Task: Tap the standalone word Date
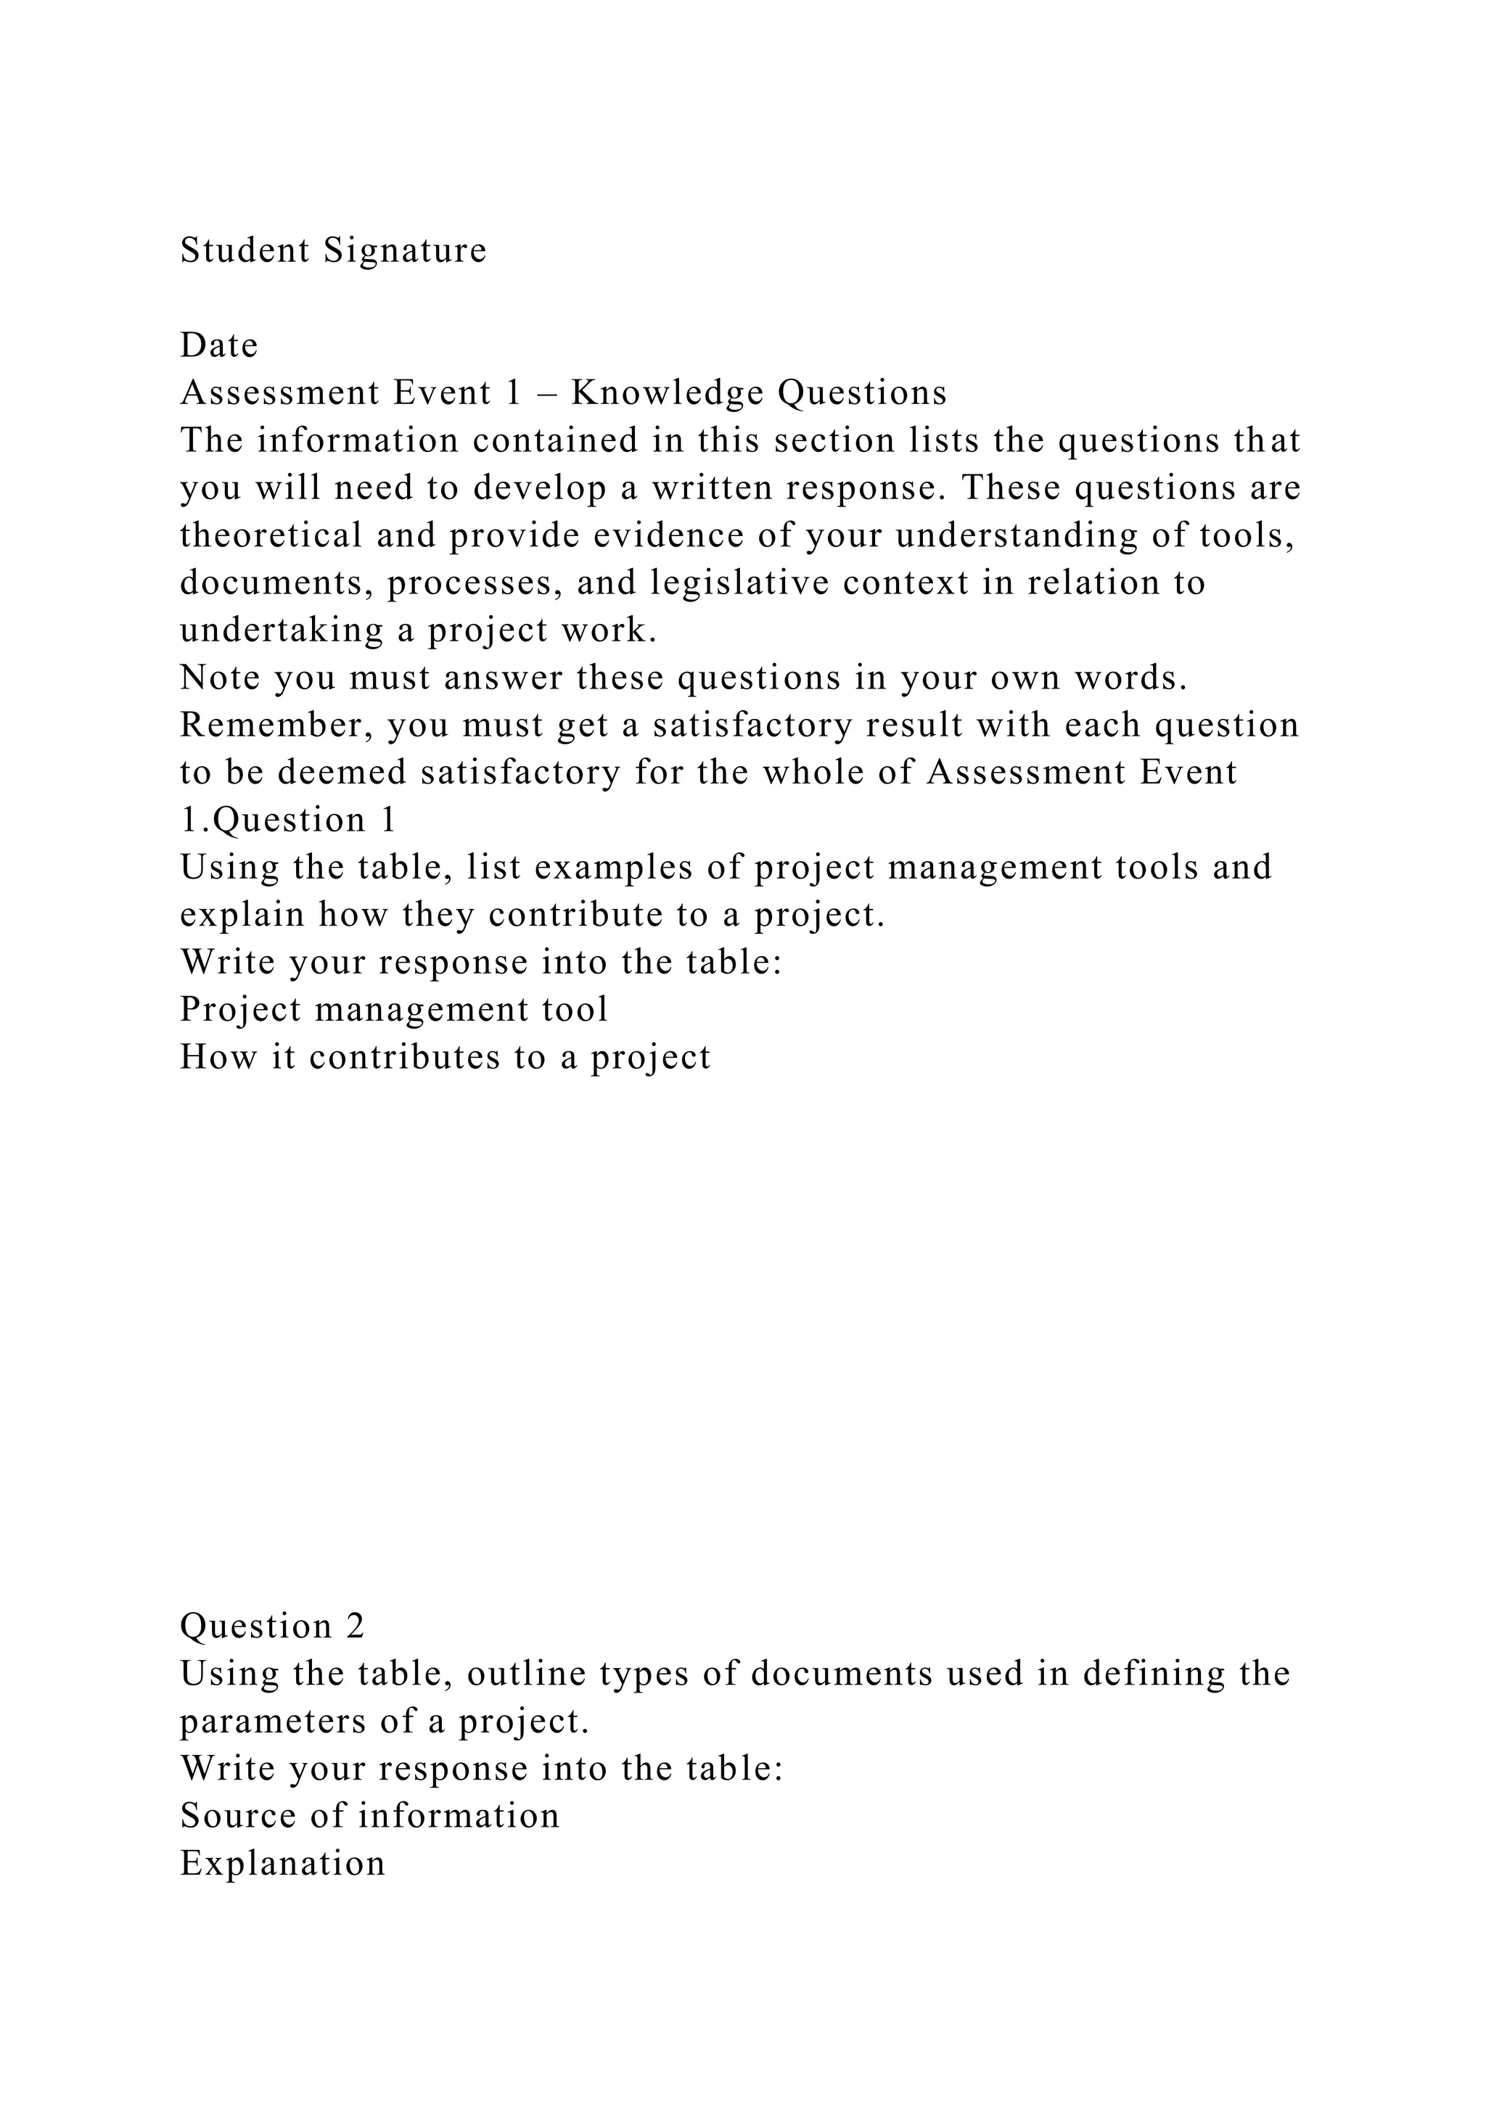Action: coord(218,346)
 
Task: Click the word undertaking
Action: coord(282,630)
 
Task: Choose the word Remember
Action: coord(276,725)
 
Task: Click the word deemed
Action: coord(342,773)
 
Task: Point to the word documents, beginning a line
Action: coord(276,583)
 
